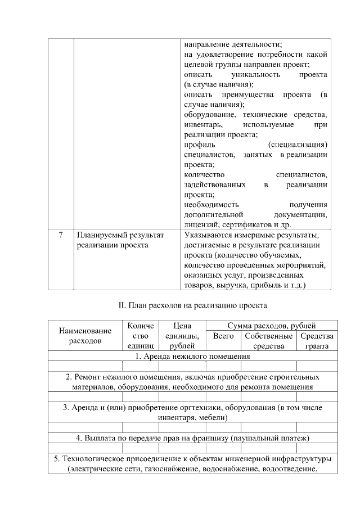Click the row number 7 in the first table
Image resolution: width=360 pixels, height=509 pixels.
coord(60,235)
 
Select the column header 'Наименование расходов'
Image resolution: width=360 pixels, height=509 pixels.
coord(85,336)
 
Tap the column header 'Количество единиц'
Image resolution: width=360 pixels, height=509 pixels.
coord(141,336)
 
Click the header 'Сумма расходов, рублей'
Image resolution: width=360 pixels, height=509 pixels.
coord(271,326)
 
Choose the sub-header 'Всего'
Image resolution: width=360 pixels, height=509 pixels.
coord(223,336)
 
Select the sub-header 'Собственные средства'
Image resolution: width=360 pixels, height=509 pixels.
coord(268,341)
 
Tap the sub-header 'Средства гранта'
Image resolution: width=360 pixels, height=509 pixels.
coord(317,341)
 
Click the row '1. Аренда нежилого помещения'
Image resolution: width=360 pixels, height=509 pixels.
coord(192,357)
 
